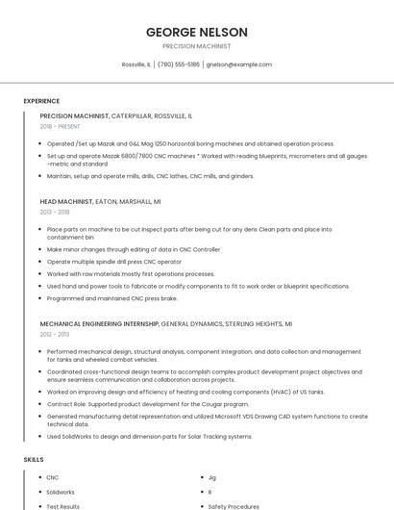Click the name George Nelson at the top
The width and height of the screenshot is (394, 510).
(196, 32)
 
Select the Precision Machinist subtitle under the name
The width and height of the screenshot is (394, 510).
(196, 46)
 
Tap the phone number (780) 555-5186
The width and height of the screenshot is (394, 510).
(178, 64)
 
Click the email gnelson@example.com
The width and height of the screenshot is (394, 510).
(239, 64)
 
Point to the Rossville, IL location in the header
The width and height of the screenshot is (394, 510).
(135, 64)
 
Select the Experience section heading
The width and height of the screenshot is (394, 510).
(41, 100)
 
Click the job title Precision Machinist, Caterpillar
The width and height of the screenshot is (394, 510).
(115, 115)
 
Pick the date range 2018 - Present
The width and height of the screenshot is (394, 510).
(61, 126)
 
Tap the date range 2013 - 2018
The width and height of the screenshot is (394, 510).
(55, 212)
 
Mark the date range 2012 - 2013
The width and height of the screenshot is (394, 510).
(55, 335)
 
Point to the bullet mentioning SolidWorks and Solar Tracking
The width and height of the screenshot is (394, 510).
(149, 436)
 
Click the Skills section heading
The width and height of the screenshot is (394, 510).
(34, 460)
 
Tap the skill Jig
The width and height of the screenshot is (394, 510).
(212, 477)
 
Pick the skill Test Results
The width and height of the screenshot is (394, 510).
(63, 505)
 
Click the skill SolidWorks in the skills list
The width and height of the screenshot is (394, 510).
(61, 492)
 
